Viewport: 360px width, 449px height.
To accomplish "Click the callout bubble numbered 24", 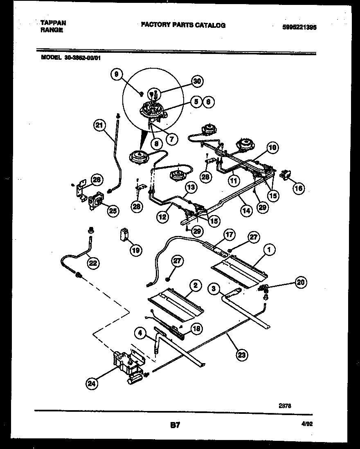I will pos(92,383).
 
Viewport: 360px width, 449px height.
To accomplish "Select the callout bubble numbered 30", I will pos(197,81).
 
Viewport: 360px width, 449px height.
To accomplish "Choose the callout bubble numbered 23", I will pos(242,355).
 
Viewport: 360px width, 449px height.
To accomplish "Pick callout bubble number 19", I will pos(136,249).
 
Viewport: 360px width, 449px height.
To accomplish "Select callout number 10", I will pos(273,147).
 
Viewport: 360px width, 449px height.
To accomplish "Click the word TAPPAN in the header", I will pos(53,23).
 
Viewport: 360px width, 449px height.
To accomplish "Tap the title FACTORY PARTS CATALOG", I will pos(183,25).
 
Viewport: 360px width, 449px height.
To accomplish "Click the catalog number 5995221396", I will pos(299,27).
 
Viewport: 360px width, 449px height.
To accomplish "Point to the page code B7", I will pos(175,425).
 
